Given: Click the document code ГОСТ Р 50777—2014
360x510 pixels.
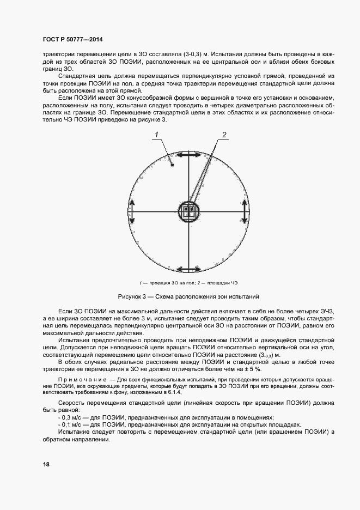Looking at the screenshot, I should click(x=72, y=40).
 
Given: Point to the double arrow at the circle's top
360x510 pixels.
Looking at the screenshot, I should click(x=188, y=156).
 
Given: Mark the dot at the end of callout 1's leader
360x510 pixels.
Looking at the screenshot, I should click(x=173, y=164).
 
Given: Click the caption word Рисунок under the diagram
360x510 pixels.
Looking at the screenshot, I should click(x=131, y=297).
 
